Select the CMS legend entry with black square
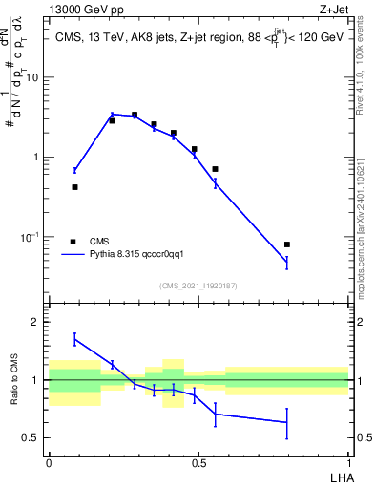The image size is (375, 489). click(74, 242)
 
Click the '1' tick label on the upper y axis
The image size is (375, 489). click(36, 158)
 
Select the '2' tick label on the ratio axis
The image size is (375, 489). click(35, 322)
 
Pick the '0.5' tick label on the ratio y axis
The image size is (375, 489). click(31, 438)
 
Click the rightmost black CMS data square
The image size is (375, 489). click(287, 244)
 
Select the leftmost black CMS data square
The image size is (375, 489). click(74, 187)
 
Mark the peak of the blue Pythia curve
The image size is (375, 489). click(113, 115)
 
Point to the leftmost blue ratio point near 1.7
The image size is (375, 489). click(74, 339)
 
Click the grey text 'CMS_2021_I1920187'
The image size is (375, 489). click(198, 286)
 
